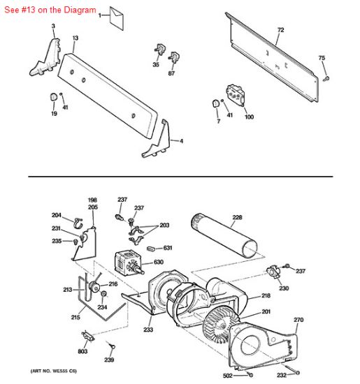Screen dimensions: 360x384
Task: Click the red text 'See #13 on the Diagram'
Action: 50,10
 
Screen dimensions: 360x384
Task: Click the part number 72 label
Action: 280,30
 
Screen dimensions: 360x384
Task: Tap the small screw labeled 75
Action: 326,79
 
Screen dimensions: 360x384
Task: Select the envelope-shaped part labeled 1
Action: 117,18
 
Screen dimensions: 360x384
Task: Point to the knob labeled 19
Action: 53,97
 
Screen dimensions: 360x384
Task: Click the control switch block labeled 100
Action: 236,95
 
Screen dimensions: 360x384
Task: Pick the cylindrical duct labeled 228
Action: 224,235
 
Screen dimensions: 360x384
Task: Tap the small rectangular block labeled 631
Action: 151,249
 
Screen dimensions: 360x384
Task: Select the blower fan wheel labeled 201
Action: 222,325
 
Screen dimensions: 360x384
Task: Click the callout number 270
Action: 298,320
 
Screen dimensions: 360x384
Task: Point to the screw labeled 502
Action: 250,375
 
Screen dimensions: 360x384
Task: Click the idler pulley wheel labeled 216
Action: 94,287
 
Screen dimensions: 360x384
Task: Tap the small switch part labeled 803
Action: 88,336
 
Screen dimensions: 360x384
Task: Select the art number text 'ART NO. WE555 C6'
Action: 53,371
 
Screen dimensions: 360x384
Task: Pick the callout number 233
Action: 148,330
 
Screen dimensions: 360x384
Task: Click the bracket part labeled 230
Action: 274,272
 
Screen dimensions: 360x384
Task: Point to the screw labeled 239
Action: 112,346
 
